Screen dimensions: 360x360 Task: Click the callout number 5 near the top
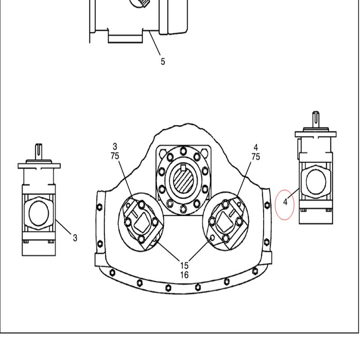click(x=163, y=62)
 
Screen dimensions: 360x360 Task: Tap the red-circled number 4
click(x=285, y=202)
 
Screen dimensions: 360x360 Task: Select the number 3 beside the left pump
click(x=75, y=238)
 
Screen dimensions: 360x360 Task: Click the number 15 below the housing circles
click(x=184, y=265)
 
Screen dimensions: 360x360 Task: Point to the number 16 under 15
click(x=184, y=275)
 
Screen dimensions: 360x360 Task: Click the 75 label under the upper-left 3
click(x=115, y=156)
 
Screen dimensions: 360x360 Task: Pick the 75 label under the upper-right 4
click(x=256, y=157)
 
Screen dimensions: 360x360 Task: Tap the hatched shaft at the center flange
click(x=183, y=180)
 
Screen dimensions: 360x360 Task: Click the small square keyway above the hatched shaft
click(x=183, y=168)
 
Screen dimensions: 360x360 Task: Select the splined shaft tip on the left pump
click(x=39, y=152)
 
